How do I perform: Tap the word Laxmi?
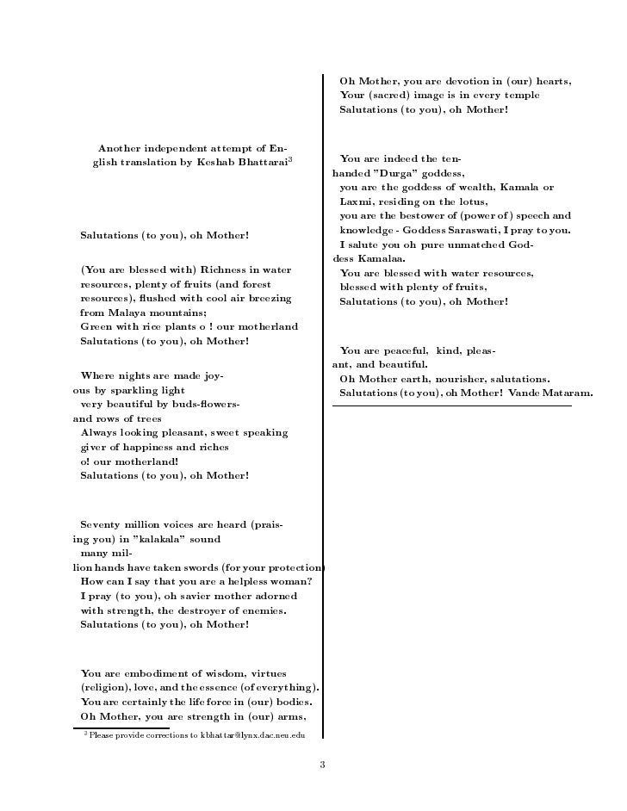[360, 201]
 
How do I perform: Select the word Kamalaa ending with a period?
[382, 258]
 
